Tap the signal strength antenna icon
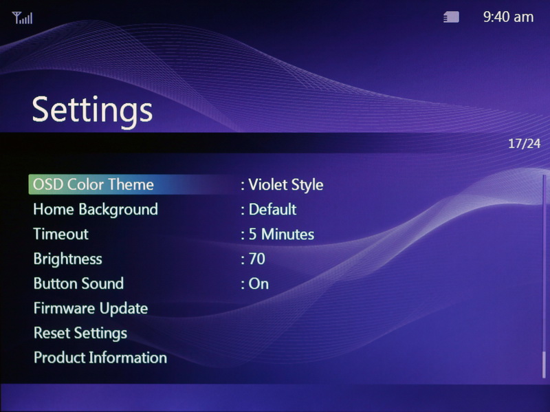tap(22, 18)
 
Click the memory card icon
tap(451, 17)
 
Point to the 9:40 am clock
tap(508, 17)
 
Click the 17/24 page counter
tap(525, 143)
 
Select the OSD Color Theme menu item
tap(93, 184)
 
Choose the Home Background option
tap(96, 210)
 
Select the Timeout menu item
tap(60, 234)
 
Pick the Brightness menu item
tap(67, 259)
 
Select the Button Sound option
tap(78, 283)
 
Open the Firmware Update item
tap(91, 308)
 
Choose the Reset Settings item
tap(80, 333)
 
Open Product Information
tap(100, 358)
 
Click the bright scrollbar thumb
tap(544, 365)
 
